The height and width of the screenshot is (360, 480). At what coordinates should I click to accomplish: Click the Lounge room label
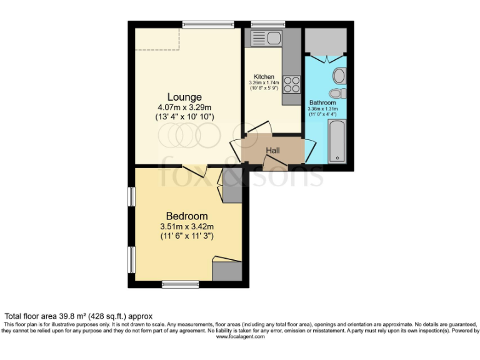click(x=184, y=97)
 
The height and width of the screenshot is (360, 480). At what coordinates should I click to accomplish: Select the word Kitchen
click(x=264, y=77)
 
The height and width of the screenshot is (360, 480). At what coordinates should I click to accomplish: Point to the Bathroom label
click(x=322, y=102)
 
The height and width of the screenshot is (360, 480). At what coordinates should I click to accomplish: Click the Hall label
click(x=273, y=151)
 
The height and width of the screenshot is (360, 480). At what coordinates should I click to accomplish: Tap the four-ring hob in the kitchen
click(x=291, y=84)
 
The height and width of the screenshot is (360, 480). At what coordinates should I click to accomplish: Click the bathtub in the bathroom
click(x=338, y=142)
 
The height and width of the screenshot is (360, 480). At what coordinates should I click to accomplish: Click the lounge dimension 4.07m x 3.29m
click(x=184, y=107)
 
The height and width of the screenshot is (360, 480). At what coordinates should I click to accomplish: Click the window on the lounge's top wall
click(x=209, y=24)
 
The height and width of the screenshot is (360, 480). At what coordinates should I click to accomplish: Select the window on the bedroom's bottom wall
click(x=180, y=284)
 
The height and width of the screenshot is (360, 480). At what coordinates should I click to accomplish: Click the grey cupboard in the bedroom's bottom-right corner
click(x=227, y=271)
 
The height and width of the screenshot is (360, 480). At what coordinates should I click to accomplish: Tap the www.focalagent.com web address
click(x=240, y=336)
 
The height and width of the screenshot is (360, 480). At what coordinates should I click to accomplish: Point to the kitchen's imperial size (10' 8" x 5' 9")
click(x=264, y=88)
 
